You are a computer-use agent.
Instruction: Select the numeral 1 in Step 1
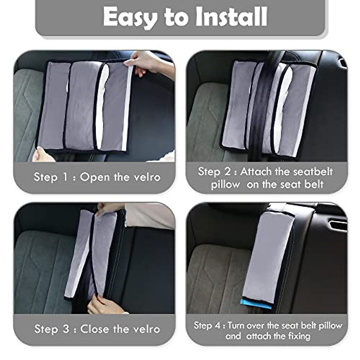tap(65, 177)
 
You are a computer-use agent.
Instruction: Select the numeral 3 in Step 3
tap(66, 329)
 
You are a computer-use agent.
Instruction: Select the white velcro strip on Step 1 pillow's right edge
tap(127, 108)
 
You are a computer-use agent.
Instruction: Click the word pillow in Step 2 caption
tap(225, 184)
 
